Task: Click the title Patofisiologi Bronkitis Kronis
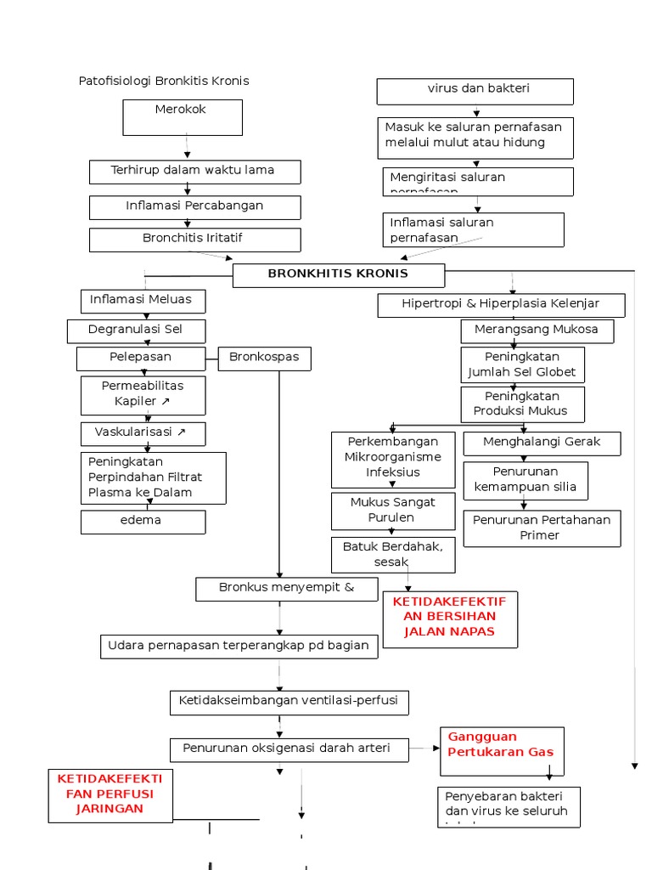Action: click(164, 81)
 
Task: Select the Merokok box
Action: click(183, 117)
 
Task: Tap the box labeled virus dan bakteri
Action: click(475, 91)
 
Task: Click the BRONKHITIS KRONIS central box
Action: click(339, 274)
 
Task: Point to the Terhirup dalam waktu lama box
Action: click(194, 172)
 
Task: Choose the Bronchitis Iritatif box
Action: click(194, 239)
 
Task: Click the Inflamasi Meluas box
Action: click(143, 301)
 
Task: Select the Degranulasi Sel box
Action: click(136, 330)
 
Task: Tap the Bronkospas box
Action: click(264, 359)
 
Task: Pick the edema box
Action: click(143, 522)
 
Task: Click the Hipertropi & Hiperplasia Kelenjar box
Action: click(501, 305)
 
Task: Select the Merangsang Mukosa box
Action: click(537, 330)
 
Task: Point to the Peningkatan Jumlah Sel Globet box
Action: click(522, 364)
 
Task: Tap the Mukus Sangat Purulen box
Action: click(392, 511)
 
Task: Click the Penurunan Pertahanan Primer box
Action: click(541, 528)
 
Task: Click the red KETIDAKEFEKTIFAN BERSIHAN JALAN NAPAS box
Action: click(450, 619)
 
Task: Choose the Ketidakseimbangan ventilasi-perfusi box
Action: click(289, 703)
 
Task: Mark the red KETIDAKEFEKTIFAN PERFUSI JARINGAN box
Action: click(110, 795)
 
